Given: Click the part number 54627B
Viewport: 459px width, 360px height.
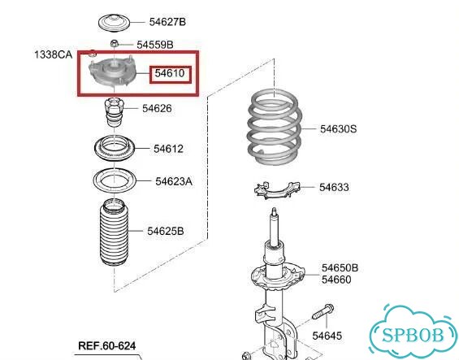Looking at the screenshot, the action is (x=167, y=22).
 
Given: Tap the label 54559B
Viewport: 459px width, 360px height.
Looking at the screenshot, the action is (x=155, y=45).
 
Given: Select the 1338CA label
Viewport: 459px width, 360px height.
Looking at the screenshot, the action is (x=54, y=54).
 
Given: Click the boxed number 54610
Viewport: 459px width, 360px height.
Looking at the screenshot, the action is (x=170, y=73).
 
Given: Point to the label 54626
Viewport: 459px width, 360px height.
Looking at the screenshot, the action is (x=157, y=109).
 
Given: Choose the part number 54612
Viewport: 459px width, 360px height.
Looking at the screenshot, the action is (x=169, y=149).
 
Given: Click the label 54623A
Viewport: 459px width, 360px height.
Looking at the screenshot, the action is (x=174, y=181).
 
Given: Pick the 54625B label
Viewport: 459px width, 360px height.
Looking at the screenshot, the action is (x=166, y=231).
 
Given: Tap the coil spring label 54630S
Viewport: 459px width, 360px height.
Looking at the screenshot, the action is (x=339, y=129).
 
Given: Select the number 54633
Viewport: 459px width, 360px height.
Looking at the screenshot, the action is (x=334, y=187).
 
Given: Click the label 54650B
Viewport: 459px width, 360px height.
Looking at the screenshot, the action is (x=340, y=267).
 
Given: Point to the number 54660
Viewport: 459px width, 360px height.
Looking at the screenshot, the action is (x=336, y=280).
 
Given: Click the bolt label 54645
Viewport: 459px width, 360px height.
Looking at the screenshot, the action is (x=327, y=336).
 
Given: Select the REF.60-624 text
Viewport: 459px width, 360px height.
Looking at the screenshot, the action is (x=107, y=345).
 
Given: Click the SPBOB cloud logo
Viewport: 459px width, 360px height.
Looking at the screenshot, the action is (x=414, y=332).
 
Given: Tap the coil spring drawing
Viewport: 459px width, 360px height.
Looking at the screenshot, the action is (x=275, y=127).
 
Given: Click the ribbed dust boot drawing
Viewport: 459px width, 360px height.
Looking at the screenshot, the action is (x=115, y=232).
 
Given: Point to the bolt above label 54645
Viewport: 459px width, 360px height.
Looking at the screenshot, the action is (x=323, y=312).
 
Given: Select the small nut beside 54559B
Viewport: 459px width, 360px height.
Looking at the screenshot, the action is (x=115, y=43).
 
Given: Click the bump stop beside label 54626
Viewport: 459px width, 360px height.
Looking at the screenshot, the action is (x=115, y=112).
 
